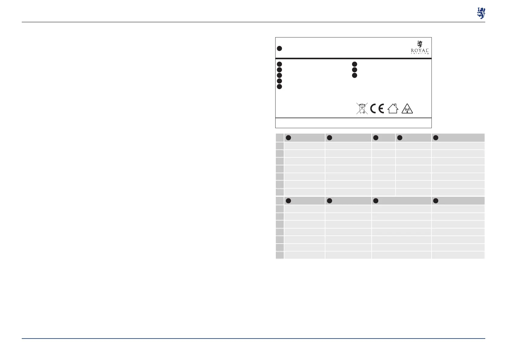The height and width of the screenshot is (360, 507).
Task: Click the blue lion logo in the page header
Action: click(x=481, y=13)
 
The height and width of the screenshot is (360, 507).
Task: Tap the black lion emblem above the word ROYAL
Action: click(x=420, y=44)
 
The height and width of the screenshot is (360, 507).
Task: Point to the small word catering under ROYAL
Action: click(x=420, y=54)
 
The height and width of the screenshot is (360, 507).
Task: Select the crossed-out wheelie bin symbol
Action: click(x=362, y=109)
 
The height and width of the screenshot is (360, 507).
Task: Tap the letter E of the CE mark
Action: click(x=381, y=109)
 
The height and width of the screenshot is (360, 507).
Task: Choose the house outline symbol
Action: click(x=393, y=109)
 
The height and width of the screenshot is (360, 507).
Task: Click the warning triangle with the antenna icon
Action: click(x=407, y=109)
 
